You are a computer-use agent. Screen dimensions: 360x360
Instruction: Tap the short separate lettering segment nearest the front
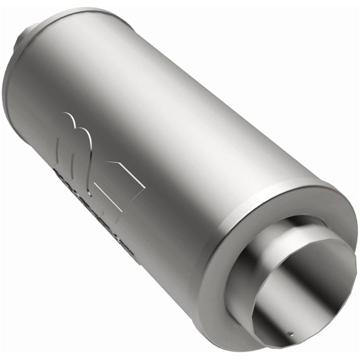tap(128, 250)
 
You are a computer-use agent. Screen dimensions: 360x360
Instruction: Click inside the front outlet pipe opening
tap(301, 292)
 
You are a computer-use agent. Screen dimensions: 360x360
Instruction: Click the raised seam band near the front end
tap(252, 198)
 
